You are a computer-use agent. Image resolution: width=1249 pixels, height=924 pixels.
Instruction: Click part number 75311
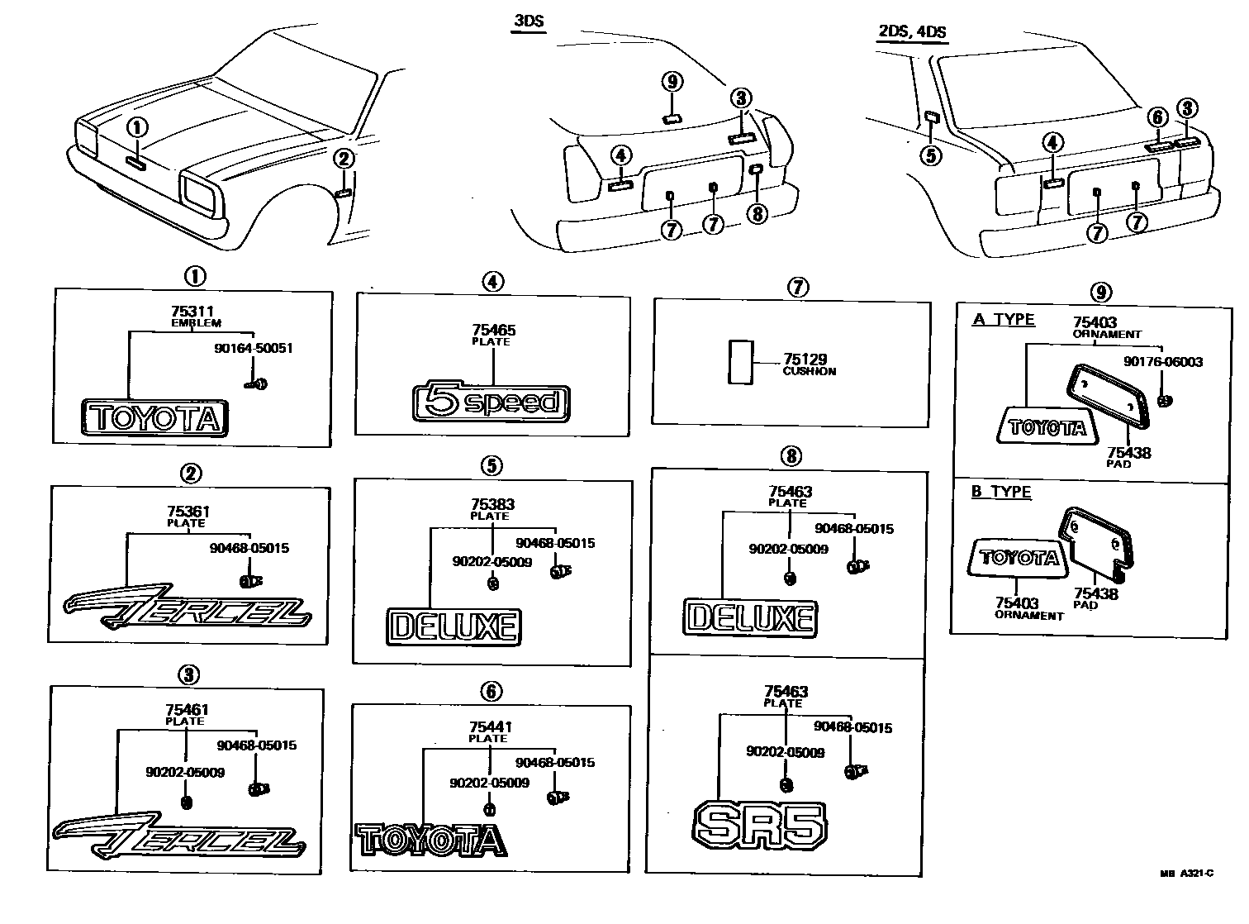[x=186, y=311]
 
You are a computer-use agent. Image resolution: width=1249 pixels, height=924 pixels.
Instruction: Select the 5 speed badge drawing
[x=491, y=403]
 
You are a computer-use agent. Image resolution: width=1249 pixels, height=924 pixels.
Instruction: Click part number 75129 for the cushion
[x=805, y=360]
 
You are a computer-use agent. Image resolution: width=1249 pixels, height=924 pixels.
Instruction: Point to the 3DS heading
[x=528, y=21]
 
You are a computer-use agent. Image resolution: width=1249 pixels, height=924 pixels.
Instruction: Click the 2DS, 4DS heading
[x=912, y=32]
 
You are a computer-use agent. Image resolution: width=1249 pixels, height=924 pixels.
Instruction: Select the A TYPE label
[x=1004, y=320]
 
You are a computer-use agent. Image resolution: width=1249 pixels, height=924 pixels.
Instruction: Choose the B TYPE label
[x=1001, y=492]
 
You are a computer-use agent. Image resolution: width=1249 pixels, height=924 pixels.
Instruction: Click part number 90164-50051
[x=253, y=348]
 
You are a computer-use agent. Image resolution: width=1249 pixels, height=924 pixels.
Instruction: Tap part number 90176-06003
[x=1162, y=362]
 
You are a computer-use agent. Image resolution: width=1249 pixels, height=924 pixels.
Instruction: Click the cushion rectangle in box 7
[x=740, y=361]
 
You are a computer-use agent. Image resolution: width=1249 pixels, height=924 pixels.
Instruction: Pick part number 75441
[x=489, y=727]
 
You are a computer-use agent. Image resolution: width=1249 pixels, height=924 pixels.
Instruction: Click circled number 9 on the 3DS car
[x=672, y=82]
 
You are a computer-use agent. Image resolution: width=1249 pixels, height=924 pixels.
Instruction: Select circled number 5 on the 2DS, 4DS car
[x=931, y=155]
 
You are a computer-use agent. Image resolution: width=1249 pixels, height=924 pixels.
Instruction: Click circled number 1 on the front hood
[x=137, y=127]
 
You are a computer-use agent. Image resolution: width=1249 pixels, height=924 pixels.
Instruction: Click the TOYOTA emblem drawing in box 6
[x=431, y=840]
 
